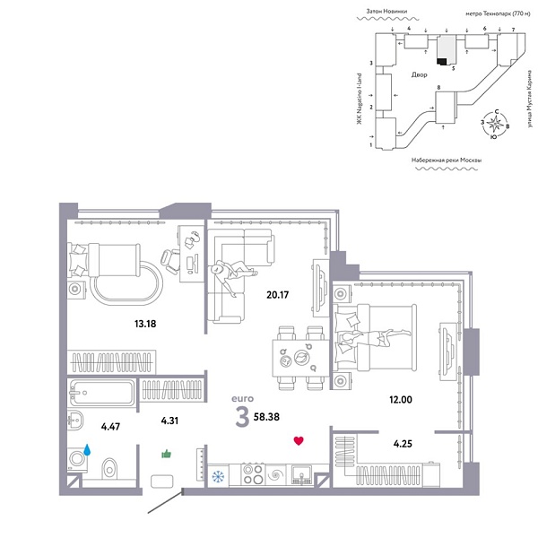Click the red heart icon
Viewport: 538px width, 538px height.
(x=299, y=441)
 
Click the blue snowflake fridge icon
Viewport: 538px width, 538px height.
(x=216, y=476)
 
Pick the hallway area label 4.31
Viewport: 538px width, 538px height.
(x=171, y=419)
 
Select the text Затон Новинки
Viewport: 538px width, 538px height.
(x=386, y=13)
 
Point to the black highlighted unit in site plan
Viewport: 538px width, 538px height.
(x=441, y=60)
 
